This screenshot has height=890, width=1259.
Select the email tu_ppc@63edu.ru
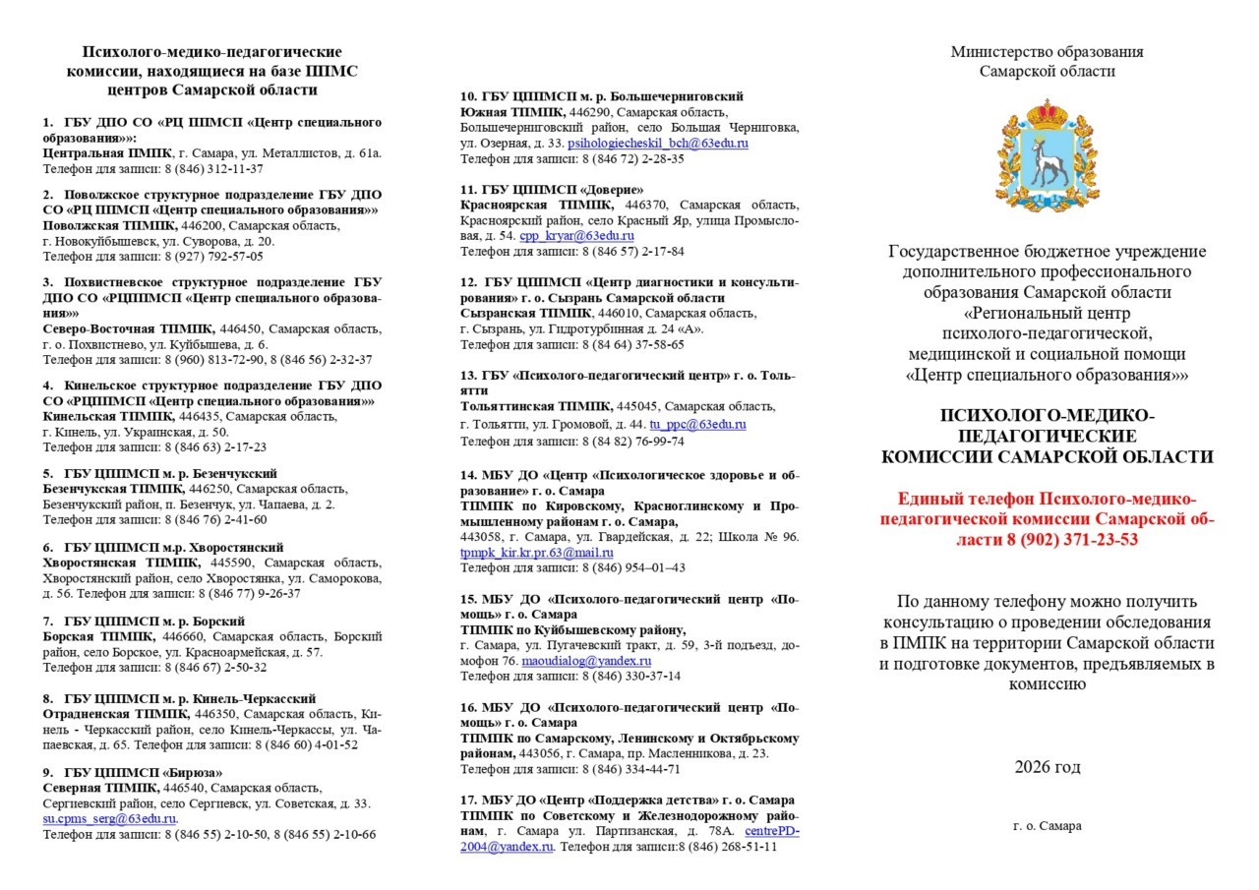point(697,425)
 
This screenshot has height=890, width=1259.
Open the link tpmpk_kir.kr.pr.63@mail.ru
point(536,553)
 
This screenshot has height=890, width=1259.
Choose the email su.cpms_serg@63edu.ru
point(109,818)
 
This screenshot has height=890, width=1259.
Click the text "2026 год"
point(1048,767)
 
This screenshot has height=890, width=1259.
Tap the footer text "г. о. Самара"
point(1048,826)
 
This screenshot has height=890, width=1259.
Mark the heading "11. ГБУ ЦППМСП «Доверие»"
point(553,189)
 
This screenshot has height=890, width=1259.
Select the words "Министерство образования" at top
point(1047,52)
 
